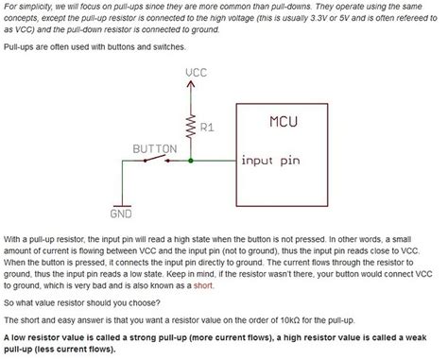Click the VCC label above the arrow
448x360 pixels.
click(197, 72)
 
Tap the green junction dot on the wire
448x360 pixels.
click(192, 162)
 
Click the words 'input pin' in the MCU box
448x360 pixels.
click(269, 161)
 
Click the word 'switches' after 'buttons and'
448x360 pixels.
click(167, 46)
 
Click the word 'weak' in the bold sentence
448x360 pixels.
click(426, 335)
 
